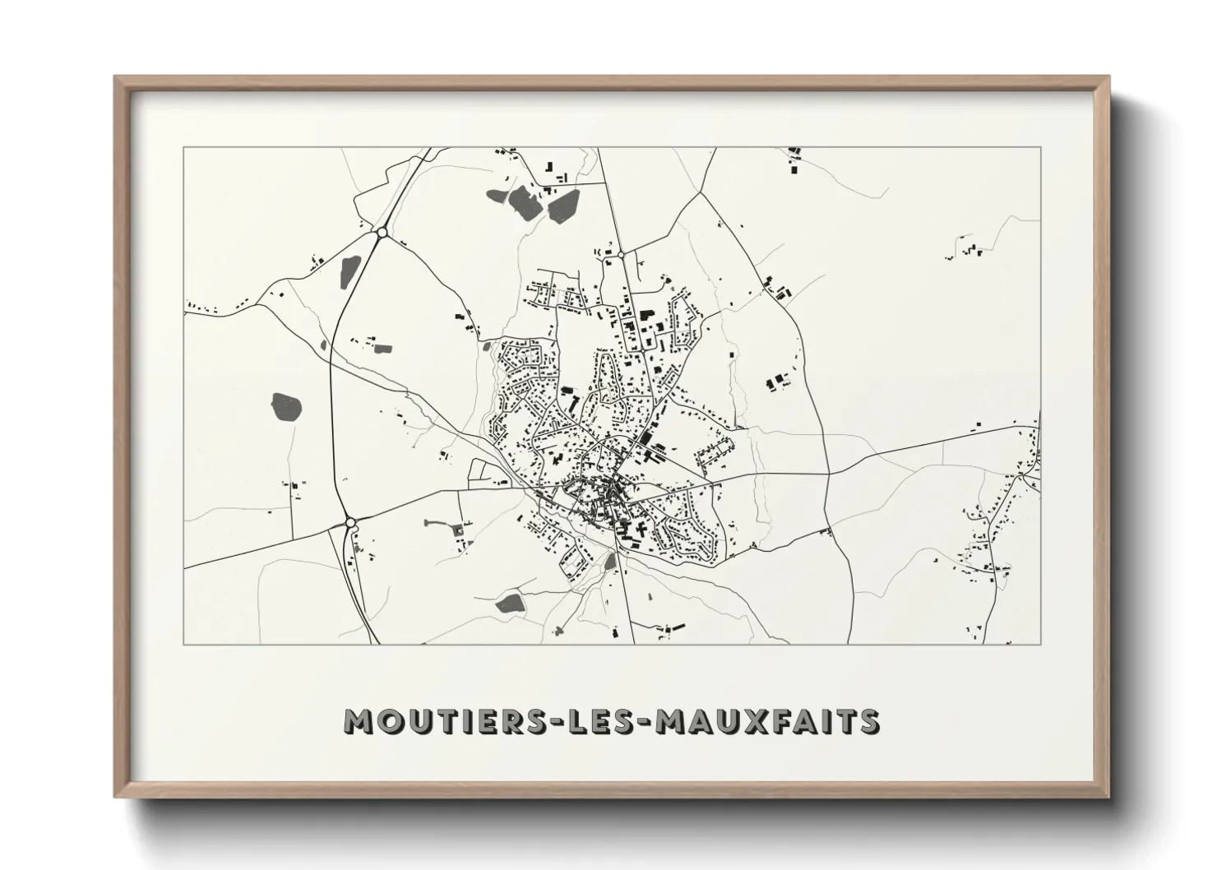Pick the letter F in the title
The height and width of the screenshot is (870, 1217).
[782, 721]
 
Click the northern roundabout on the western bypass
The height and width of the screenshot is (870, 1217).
[382, 234]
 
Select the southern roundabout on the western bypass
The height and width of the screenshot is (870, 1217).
[350, 522]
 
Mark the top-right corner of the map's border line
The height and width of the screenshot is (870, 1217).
[1041, 147]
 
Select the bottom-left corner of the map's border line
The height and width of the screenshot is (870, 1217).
[183, 644]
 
